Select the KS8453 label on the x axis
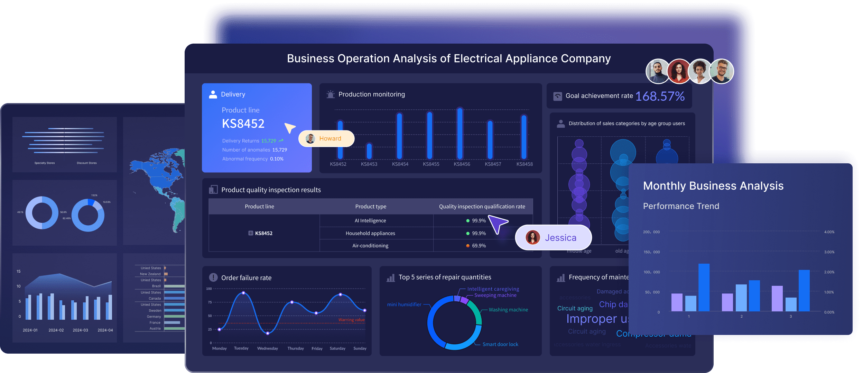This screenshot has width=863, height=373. [x=369, y=164]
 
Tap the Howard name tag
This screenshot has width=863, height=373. [x=326, y=138]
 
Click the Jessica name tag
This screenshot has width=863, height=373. [x=554, y=238]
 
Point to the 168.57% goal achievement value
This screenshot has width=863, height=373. [x=660, y=96]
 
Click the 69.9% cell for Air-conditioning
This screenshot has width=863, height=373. [x=479, y=246]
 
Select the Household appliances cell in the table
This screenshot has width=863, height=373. [x=370, y=233]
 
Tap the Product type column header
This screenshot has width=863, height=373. [x=371, y=207]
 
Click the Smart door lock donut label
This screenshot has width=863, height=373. [x=500, y=344]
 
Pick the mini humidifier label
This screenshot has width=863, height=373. [x=404, y=304]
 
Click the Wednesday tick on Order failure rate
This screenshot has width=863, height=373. [x=267, y=348]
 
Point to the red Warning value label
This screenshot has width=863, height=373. [x=351, y=320]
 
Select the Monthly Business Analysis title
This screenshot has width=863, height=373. [x=713, y=186]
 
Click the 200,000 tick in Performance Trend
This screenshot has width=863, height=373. [x=651, y=232]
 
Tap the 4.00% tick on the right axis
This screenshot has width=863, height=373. [x=829, y=232]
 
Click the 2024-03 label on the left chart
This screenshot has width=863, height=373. [x=80, y=330]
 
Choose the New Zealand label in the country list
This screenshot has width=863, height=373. [x=150, y=274]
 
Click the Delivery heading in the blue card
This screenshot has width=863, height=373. [x=233, y=94]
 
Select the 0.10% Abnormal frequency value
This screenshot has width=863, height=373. [x=277, y=159]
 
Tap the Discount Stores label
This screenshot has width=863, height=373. [x=87, y=163]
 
